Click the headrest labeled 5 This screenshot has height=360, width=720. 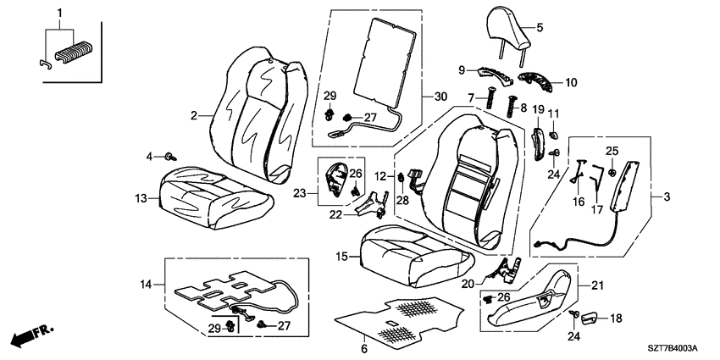pyautogui.click(x=509, y=30)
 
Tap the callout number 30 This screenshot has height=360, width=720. pyautogui.click(x=440, y=97)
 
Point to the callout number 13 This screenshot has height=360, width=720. pyautogui.click(x=141, y=199)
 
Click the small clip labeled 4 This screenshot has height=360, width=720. pyautogui.click(x=171, y=157)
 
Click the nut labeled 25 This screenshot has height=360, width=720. pyautogui.click(x=612, y=172)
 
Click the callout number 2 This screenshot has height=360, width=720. pyautogui.click(x=194, y=116)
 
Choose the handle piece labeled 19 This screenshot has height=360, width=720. pyautogui.click(x=538, y=144)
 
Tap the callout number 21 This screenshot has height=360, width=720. pyautogui.click(x=596, y=286)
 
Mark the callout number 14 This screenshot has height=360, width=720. pyautogui.click(x=146, y=285)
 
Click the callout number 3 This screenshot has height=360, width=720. pyautogui.click(x=667, y=197)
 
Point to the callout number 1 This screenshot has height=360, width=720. pyautogui.click(x=59, y=14)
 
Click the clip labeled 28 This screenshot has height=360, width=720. pyautogui.click(x=401, y=176)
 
